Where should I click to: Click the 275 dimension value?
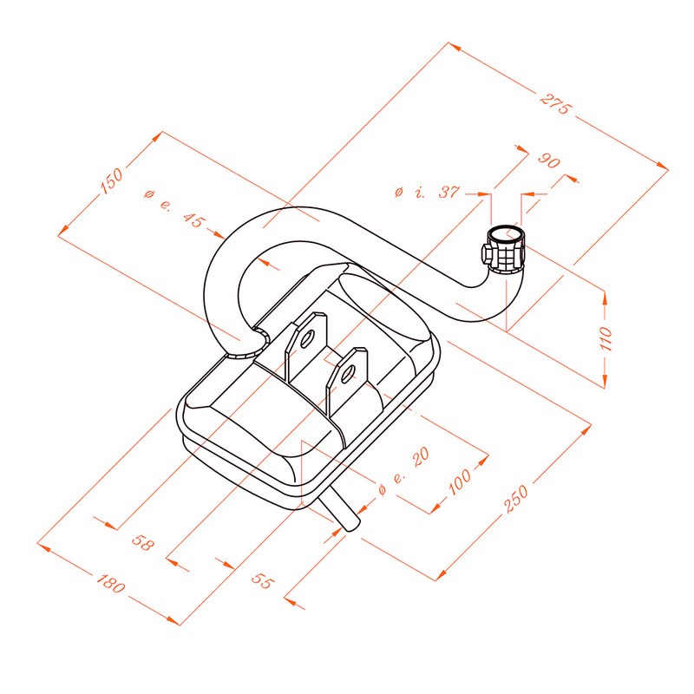(x=556, y=104)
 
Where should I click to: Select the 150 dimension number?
(x=111, y=181)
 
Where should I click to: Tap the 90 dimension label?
(x=549, y=160)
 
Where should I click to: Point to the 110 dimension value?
(x=605, y=338)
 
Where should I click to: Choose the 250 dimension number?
(x=516, y=498)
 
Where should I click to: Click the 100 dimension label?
(x=460, y=481)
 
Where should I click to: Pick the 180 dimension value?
(x=111, y=583)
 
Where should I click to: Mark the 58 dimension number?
(x=142, y=542)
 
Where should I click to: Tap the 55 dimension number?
(x=263, y=580)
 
